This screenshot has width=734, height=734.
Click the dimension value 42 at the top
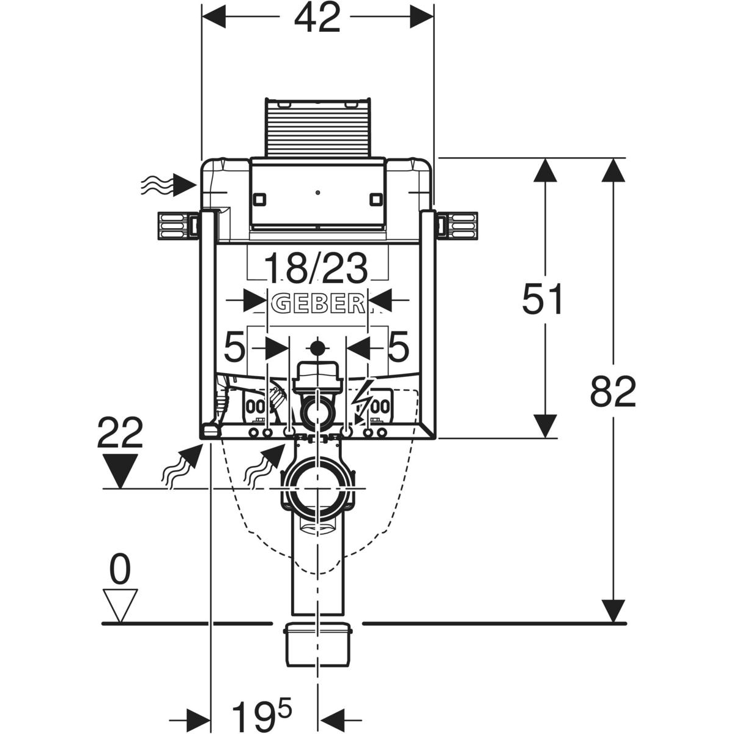(x=317, y=20)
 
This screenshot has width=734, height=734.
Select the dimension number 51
(x=542, y=300)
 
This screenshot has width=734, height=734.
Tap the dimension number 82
(x=613, y=391)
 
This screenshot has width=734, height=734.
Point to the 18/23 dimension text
(x=317, y=269)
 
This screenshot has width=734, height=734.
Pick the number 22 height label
(x=120, y=433)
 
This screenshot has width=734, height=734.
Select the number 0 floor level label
(x=120, y=570)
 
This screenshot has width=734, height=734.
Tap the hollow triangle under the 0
(x=120, y=606)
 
